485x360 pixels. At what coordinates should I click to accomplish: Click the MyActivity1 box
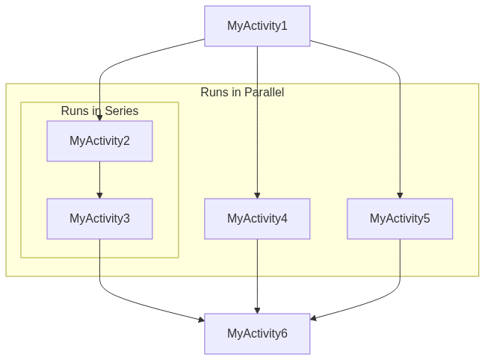point(257,26)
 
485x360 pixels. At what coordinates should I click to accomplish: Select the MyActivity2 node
point(99,141)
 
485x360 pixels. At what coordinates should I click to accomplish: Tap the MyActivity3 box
point(99,219)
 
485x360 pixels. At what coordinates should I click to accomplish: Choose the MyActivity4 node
point(257,219)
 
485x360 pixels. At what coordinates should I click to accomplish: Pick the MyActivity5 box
point(400,219)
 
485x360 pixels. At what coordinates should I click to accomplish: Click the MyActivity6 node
point(257,334)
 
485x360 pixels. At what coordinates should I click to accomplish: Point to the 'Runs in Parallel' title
point(242,93)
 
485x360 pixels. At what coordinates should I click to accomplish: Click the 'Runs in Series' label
point(99,111)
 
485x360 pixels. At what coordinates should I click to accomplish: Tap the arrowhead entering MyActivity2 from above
point(99,118)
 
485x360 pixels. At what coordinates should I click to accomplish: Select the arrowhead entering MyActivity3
point(99,196)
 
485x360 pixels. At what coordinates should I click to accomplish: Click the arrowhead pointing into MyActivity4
point(257,196)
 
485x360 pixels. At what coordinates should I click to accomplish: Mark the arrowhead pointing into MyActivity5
point(400,196)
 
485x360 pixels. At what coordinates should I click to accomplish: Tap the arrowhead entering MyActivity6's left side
point(201,320)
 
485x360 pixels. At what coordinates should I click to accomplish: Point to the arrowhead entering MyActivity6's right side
point(314,319)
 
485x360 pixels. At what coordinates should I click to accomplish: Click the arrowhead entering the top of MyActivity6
point(257,310)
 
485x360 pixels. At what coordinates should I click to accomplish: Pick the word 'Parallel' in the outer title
point(264,93)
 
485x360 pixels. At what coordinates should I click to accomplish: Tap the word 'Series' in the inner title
point(121,111)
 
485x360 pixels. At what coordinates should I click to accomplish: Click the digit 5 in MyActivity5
point(427,219)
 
